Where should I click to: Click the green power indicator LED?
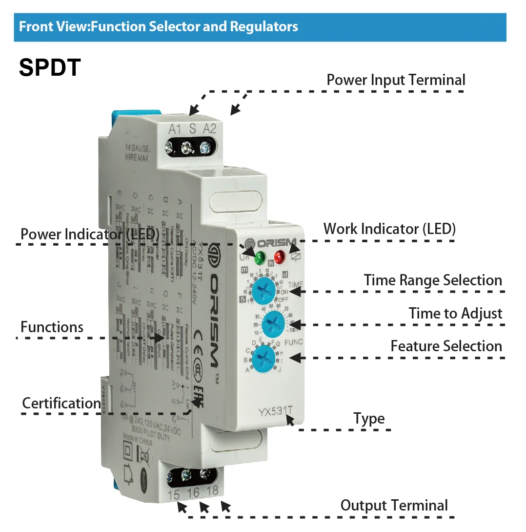(x=259, y=256)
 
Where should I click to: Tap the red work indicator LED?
(x=280, y=256)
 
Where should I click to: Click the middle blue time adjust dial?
(x=273, y=324)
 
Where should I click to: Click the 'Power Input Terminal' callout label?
(x=396, y=80)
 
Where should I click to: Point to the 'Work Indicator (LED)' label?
(x=389, y=229)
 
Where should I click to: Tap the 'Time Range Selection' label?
(x=433, y=280)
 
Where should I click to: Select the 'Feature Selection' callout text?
(x=446, y=346)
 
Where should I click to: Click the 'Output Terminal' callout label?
(x=394, y=506)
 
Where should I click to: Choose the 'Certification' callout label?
(x=61, y=404)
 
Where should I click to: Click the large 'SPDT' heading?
(x=49, y=67)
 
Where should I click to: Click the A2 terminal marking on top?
(x=209, y=129)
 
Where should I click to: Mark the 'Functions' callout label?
(x=52, y=327)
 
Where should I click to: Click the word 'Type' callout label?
(x=369, y=419)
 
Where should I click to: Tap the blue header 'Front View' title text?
(x=158, y=26)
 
